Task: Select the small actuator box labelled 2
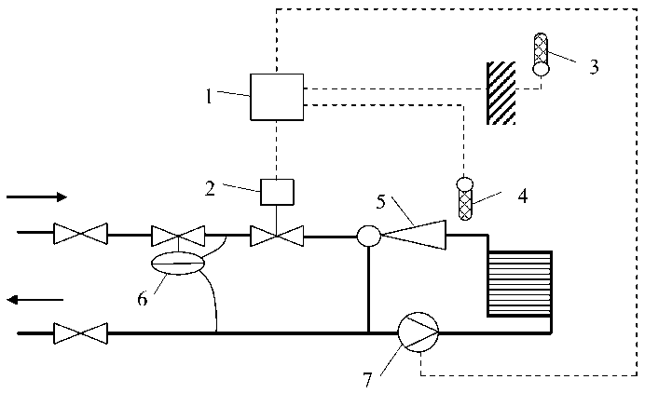click(277, 192)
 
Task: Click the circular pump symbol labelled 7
click(417, 330)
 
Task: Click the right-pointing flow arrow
click(36, 196)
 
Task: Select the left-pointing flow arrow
click(36, 299)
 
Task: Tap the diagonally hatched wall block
click(501, 93)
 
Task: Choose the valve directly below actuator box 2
click(277, 236)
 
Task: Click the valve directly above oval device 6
click(179, 236)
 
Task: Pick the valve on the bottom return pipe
click(80, 331)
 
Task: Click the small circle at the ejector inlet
click(369, 237)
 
